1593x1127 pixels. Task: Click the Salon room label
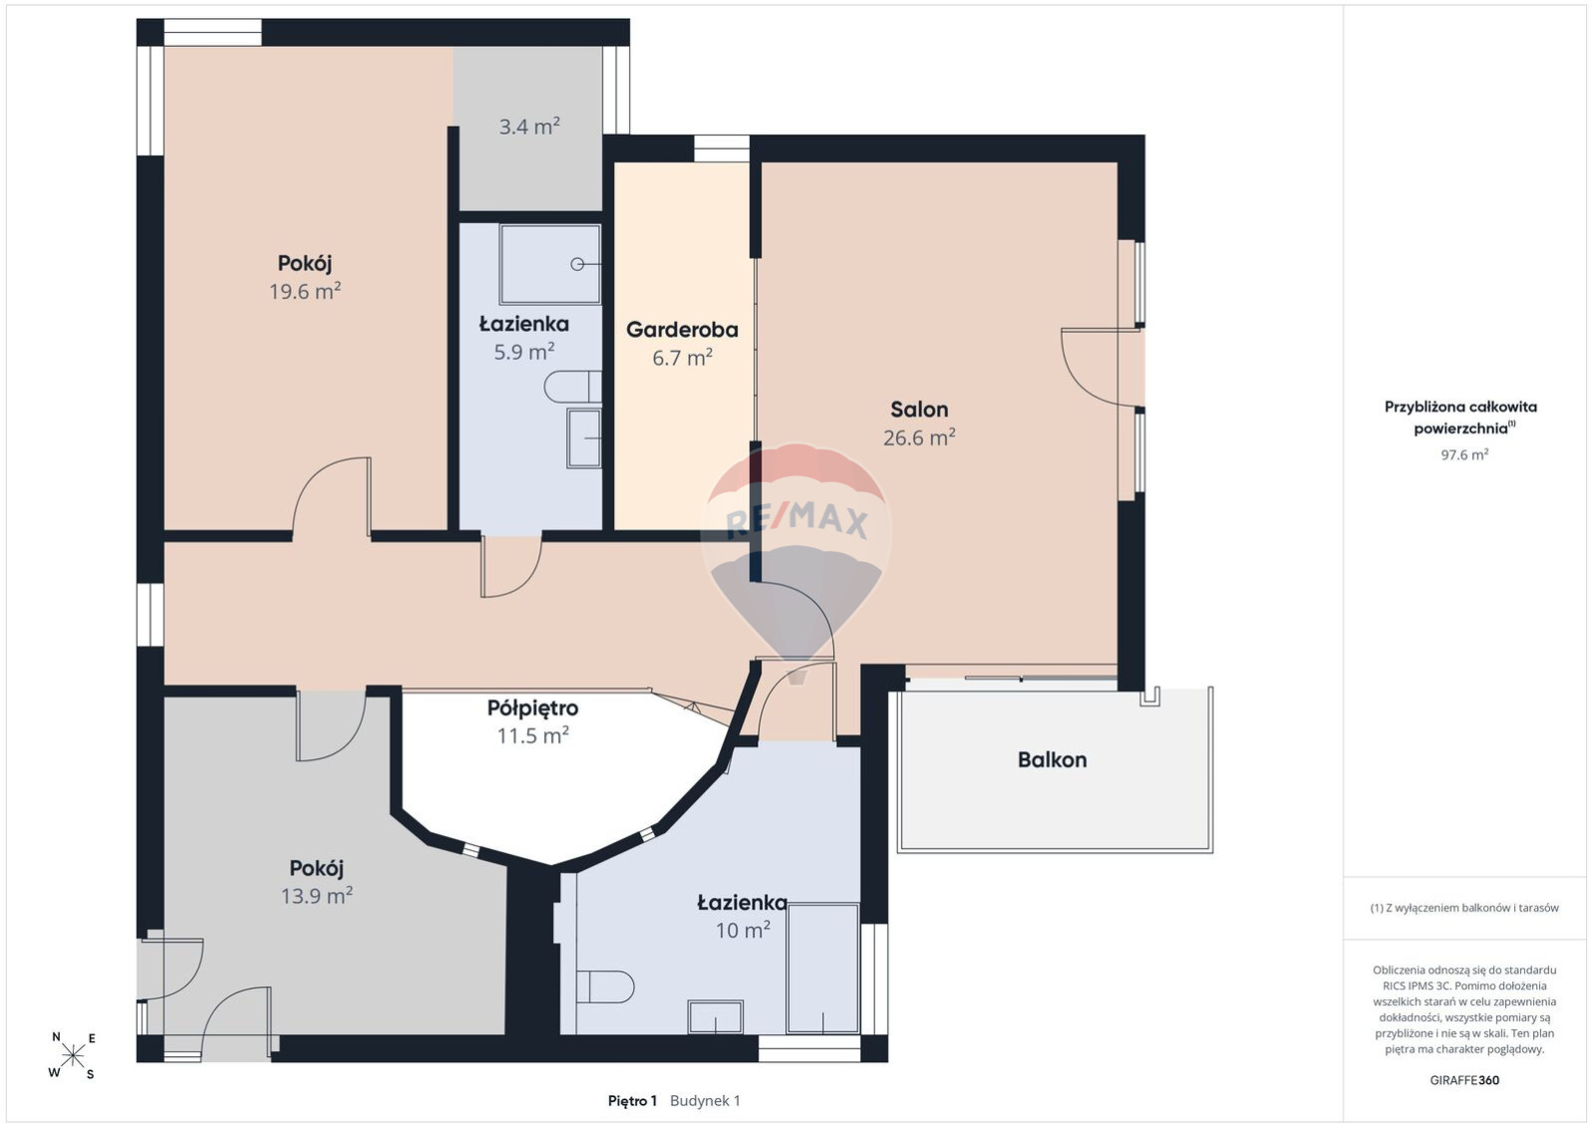pos(919,410)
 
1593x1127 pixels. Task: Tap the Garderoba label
pos(682,330)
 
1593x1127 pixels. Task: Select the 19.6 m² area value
pos(305,292)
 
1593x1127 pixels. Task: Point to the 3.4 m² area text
pos(529,127)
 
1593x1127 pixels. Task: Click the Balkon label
pos(1052,760)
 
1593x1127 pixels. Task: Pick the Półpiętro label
pos(532,708)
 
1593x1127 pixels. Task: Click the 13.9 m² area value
pos(316,896)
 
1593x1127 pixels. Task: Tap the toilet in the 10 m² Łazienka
pos(604,986)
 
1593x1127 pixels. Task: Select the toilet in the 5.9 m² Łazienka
pos(573,387)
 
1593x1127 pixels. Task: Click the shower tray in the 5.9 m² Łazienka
pos(549,264)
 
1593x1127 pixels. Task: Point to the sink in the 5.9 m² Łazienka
pos(584,438)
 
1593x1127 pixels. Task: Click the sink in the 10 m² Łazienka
pos(716,1016)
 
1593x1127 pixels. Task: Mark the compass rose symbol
pos(73,1055)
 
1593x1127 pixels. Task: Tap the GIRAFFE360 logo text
pos(1464,1080)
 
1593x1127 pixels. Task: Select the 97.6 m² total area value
pos(1464,454)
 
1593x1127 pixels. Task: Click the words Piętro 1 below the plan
pos(632,1101)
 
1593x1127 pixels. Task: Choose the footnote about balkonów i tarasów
pos(1464,908)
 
